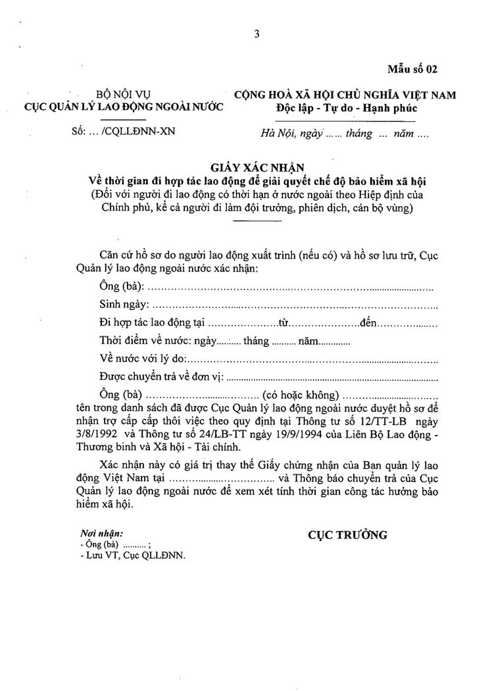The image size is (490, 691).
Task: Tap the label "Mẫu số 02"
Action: pos(412,68)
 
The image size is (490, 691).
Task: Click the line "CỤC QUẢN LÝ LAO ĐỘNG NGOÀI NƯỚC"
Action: pos(124,107)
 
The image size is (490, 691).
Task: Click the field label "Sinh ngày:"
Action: pos(124,305)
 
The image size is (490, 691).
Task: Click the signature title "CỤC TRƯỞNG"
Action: pos(347,535)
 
